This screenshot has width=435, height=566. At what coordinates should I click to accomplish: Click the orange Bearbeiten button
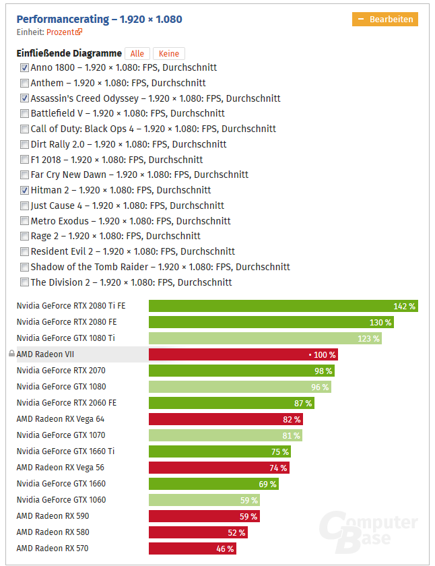pyautogui.click(x=384, y=20)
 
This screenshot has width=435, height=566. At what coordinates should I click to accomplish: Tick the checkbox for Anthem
pyautogui.click(x=25, y=83)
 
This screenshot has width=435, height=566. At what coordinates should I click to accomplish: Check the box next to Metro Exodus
pyautogui.click(x=25, y=221)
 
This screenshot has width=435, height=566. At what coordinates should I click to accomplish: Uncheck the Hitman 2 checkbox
pyautogui.click(x=25, y=190)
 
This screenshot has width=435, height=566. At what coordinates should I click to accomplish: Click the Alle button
pyautogui.click(x=137, y=54)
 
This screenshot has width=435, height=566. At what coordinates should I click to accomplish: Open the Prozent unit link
pyautogui.click(x=64, y=32)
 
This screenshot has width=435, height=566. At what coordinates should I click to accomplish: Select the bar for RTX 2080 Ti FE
pyautogui.click(x=283, y=306)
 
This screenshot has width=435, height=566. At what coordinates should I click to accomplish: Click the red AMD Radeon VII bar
pyautogui.click(x=242, y=354)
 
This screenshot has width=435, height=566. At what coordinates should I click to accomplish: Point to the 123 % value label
pyautogui.click(x=368, y=338)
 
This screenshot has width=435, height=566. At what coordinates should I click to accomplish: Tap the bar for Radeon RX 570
pyautogui.click(x=193, y=548)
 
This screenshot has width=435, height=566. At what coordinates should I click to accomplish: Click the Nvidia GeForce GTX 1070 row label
pyautogui.click(x=61, y=435)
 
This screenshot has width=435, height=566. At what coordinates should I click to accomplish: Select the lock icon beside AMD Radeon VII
pyautogui.click(x=11, y=354)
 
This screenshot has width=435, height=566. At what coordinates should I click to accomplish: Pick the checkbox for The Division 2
pyautogui.click(x=25, y=282)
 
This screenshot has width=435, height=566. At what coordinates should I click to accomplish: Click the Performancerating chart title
pyautogui.click(x=99, y=20)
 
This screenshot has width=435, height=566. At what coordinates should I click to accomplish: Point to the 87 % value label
pyautogui.click(x=303, y=403)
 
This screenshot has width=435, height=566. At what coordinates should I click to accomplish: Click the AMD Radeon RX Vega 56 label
pyautogui.click(x=60, y=468)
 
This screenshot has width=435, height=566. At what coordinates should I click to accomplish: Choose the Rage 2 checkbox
pyautogui.click(x=25, y=237)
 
